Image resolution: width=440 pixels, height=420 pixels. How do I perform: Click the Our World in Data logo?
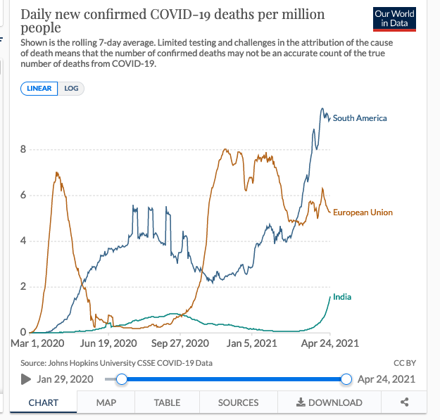[394, 18]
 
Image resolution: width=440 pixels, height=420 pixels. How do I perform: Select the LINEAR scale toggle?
[39, 89]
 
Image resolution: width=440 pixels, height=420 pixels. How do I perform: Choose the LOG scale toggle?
[71, 89]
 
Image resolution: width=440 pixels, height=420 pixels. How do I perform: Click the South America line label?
[360, 118]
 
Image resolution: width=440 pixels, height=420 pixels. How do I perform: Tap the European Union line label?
[363, 212]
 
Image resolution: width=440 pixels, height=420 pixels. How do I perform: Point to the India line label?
[342, 297]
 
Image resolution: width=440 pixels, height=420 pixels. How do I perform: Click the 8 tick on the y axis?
[23, 149]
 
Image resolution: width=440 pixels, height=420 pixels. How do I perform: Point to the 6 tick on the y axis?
[23, 195]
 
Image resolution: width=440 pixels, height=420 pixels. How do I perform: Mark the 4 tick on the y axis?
[23, 241]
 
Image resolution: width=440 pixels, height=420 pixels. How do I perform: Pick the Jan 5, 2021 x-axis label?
[247, 343]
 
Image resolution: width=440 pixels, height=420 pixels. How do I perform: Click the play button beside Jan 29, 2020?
[26, 379]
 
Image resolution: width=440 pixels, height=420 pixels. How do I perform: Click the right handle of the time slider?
[346, 379]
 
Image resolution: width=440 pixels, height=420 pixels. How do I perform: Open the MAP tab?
[106, 402]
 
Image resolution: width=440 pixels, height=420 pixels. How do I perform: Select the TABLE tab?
[167, 402]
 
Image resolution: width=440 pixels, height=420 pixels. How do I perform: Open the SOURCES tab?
[238, 402]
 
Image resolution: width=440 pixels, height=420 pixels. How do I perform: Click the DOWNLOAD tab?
[329, 402]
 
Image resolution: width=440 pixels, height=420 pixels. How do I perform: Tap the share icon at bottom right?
[405, 402]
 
